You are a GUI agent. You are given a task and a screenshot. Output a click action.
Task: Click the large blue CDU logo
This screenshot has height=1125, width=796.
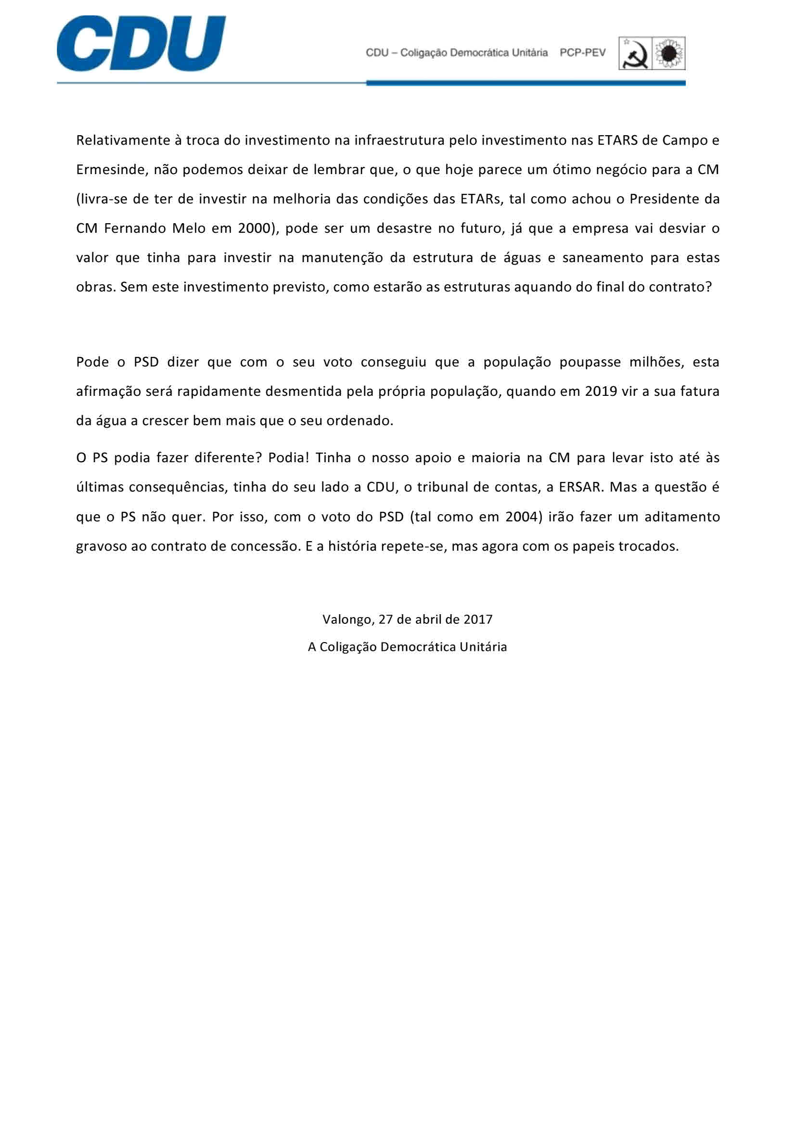pos(141,44)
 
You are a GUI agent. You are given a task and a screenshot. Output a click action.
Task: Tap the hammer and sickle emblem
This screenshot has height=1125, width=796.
pos(635,53)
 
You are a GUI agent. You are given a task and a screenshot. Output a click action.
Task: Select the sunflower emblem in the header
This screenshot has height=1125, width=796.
pos(669,53)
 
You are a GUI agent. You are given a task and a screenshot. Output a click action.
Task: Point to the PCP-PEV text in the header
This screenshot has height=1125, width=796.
pos(583,53)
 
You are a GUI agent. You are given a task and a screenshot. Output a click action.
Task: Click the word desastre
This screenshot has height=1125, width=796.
pos(401,229)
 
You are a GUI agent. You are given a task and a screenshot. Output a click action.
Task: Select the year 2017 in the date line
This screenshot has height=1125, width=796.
pos(478,619)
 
